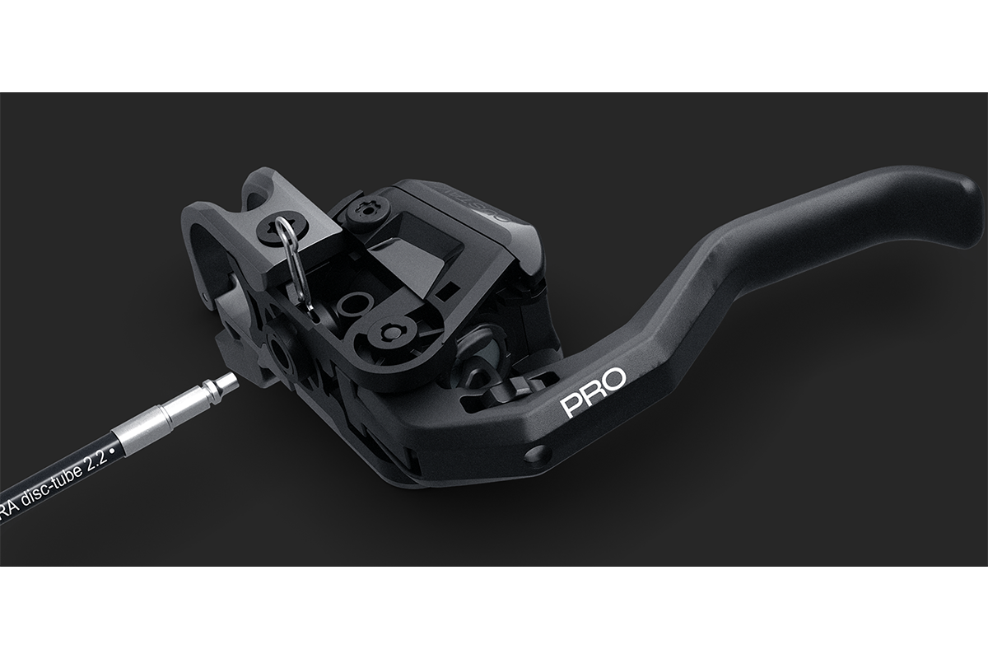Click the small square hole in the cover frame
pyautogui.click(x=449, y=291)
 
